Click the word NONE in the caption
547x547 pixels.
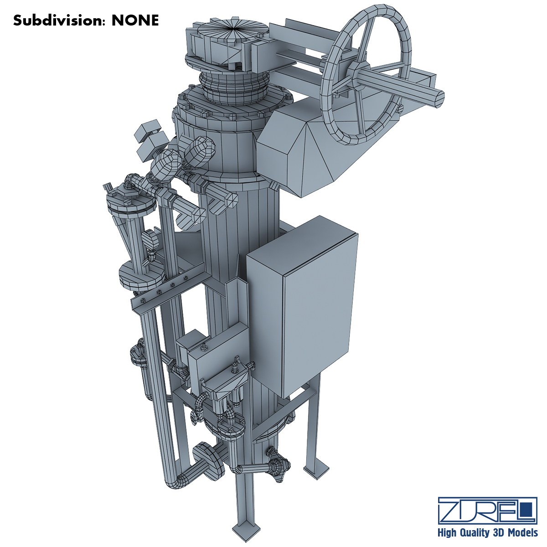[135, 21]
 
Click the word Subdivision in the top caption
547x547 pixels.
[58, 21]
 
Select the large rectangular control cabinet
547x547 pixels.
[302, 306]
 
